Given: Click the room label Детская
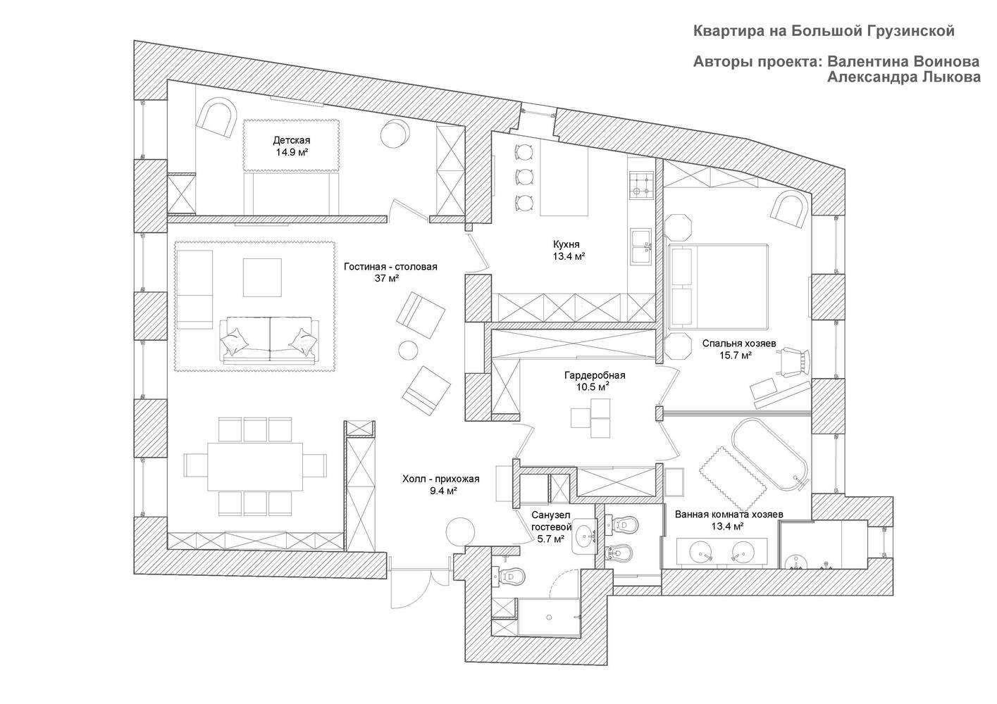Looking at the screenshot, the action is (x=292, y=141).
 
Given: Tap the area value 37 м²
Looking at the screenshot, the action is (x=387, y=278).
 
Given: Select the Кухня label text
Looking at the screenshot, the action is (x=566, y=244).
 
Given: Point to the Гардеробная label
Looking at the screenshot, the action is (x=595, y=375).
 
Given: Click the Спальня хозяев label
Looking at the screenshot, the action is (x=739, y=344).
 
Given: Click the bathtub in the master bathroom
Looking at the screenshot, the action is (x=769, y=454).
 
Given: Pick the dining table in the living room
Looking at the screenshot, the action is (x=255, y=466).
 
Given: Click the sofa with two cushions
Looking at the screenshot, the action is (x=270, y=340).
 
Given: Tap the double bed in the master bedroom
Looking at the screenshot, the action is (x=718, y=287).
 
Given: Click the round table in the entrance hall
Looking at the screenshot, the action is (x=460, y=532).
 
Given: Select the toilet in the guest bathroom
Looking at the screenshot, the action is (x=509, y=577).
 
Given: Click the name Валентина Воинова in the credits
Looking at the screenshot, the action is (x=903, y=61).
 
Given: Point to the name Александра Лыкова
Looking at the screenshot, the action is (x=903, y=77).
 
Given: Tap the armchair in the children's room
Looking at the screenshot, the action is (x=218, y=118).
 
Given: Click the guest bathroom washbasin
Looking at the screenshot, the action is (x=585, y=536).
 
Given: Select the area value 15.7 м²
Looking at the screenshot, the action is (x=736, y=356).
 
